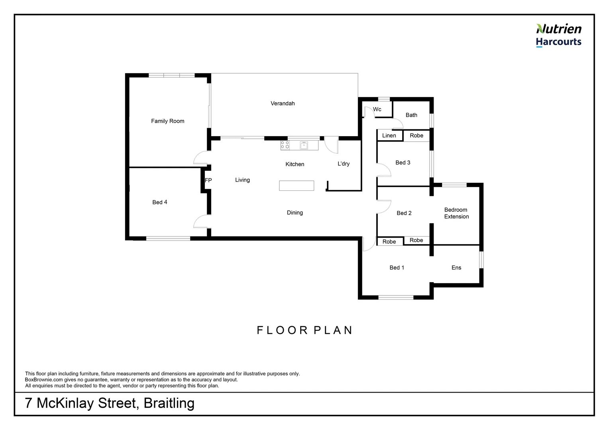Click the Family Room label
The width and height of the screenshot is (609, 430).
[167, 121]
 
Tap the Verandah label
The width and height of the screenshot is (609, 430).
[283, 104]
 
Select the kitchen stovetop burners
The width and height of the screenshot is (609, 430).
[285, 145]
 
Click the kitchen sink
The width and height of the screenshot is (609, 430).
[304, 145]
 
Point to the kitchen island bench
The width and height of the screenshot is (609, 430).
[296, 186]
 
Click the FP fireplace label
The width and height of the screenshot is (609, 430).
[208, 180]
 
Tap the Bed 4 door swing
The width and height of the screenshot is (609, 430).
[201, 221]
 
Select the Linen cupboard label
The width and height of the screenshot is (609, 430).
[389, 136]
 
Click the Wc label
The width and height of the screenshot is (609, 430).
[377, 109]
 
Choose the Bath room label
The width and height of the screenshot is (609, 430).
[411, 115]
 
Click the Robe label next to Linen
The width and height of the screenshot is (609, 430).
[416, 136]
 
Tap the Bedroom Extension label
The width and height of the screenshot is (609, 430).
[456, 213]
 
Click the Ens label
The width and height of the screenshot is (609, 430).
[456, 268]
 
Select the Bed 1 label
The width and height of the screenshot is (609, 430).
[397, 268]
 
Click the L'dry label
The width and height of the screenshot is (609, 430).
[343, 164]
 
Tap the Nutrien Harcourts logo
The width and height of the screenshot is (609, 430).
[558, 35]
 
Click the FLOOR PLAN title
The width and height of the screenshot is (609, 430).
[305, 330]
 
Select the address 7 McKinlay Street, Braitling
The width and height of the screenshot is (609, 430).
[110, 403]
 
